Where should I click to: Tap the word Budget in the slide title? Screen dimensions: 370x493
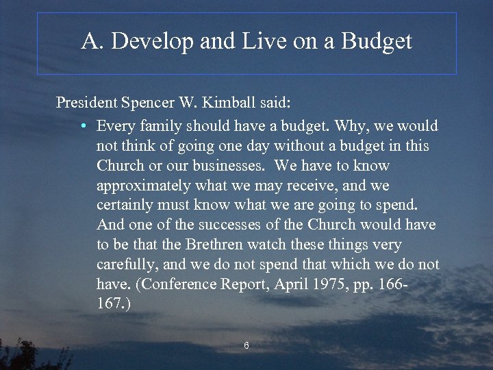(377, 42)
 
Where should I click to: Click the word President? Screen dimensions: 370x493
(86, 103)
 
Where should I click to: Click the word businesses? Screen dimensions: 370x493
(230, 166)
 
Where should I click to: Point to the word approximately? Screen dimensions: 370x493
(144, 186)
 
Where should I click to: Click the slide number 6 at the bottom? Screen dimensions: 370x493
(246, 346)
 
